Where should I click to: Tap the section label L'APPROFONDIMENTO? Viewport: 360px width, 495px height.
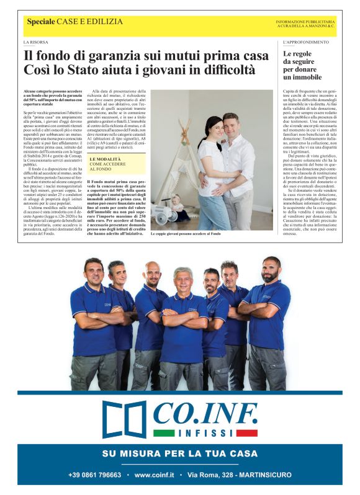[x=305, y=42]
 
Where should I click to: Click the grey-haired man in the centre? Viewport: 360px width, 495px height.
[x=182, y=280]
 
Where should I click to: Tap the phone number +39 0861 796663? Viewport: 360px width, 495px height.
[x=95, y=475]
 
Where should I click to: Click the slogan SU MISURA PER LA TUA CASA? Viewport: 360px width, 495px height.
[x=180, y=453]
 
